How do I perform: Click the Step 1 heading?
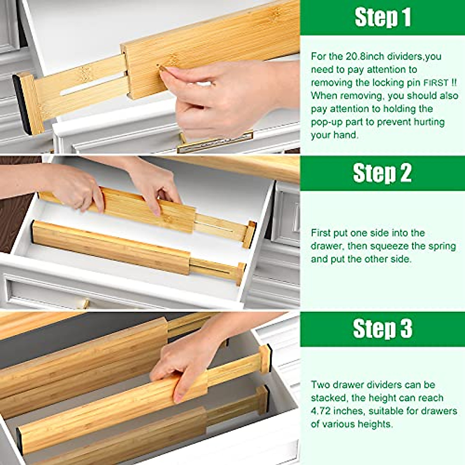click(383, 18)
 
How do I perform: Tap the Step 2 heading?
click(382, 173)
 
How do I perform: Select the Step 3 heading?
click(382, 329)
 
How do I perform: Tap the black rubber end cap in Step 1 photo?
click(22, 104)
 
